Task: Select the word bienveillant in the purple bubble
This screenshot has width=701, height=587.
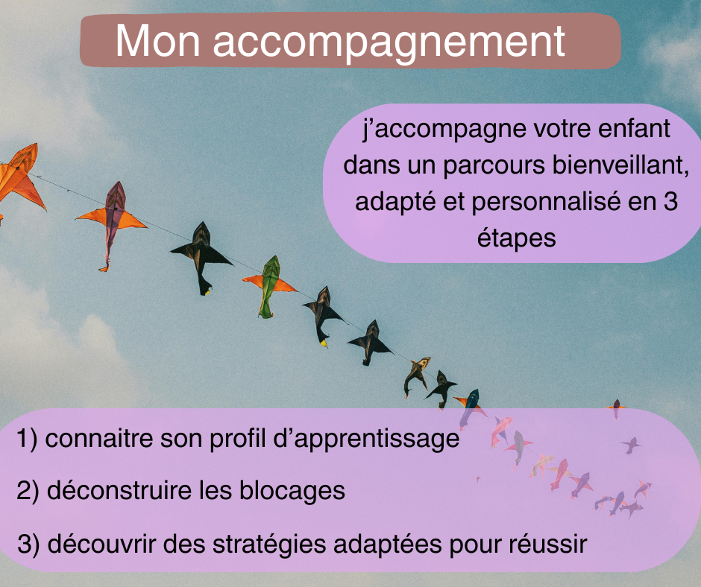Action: tap(620, 165)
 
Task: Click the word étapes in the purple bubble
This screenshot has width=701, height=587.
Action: tap(516, 238)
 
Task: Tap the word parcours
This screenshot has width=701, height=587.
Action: tap(494, 166)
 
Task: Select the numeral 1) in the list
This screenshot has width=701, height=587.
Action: tap(28, 439)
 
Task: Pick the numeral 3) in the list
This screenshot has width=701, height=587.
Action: tap(28, 544)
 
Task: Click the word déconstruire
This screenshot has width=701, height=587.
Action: tap(119, 490)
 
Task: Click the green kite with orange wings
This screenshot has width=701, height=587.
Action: tap(269, 286)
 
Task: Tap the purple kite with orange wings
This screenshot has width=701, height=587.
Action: tap(112, 224)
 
